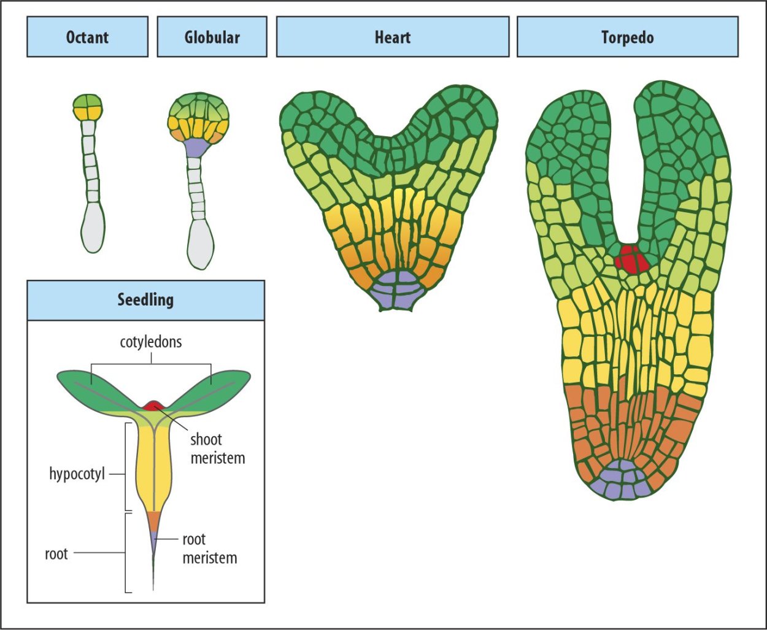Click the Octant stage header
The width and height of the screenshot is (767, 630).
[x=87, y=37]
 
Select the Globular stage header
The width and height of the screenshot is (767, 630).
[x=212, y=37]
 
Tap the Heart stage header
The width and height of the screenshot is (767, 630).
[x=392, y=37]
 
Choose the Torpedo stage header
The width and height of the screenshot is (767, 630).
[x=627, y=37]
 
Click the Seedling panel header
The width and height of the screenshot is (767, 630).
[x=145, y=300]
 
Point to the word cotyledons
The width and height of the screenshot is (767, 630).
[x=151, y=342]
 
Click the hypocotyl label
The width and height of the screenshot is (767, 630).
[x=77, y=474]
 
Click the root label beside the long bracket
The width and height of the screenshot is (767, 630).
[x=56, y=554]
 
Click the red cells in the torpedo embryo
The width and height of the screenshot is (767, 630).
[x=631, y=259]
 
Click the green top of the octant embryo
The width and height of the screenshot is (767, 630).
[x=88, y=101]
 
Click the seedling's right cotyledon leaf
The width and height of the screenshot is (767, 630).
[x=212, y=387]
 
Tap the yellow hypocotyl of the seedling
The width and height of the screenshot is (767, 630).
[x=151, y=466]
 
